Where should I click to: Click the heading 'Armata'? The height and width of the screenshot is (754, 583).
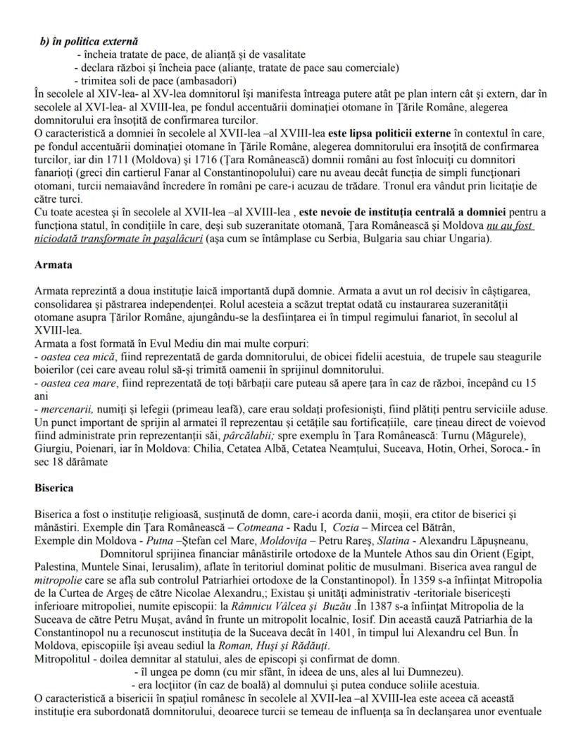click(x=52, y=265)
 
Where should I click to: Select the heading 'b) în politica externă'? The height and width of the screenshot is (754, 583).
click(x=89, y=42)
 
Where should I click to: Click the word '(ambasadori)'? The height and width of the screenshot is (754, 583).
click(x=178, y=80)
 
